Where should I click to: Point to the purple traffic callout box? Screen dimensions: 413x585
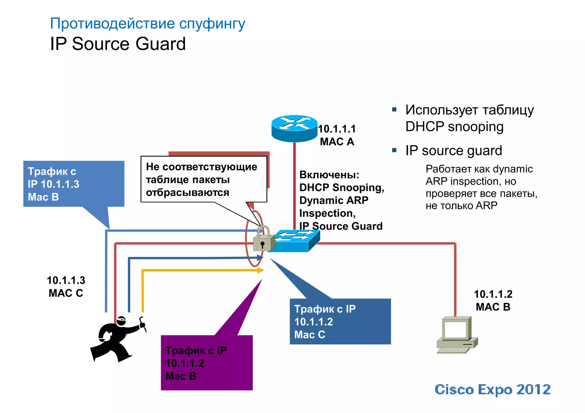207,362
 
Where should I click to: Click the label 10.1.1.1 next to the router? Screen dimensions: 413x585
337,129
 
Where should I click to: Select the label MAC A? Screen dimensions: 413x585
337,142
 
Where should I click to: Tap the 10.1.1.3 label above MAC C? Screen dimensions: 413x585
66,280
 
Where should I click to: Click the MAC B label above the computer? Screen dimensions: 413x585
493,307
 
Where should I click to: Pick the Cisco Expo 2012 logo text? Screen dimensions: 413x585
492,390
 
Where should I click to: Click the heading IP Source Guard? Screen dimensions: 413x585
118,44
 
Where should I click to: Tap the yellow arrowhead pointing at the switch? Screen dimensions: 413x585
261,270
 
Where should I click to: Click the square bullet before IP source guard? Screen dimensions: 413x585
394,150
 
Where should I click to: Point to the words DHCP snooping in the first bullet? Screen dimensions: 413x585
454,127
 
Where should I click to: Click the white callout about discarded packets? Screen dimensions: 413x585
203,180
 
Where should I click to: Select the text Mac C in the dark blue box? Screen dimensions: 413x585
310,335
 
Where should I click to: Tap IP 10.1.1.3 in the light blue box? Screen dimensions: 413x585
53,184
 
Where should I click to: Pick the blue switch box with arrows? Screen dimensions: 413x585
296,241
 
